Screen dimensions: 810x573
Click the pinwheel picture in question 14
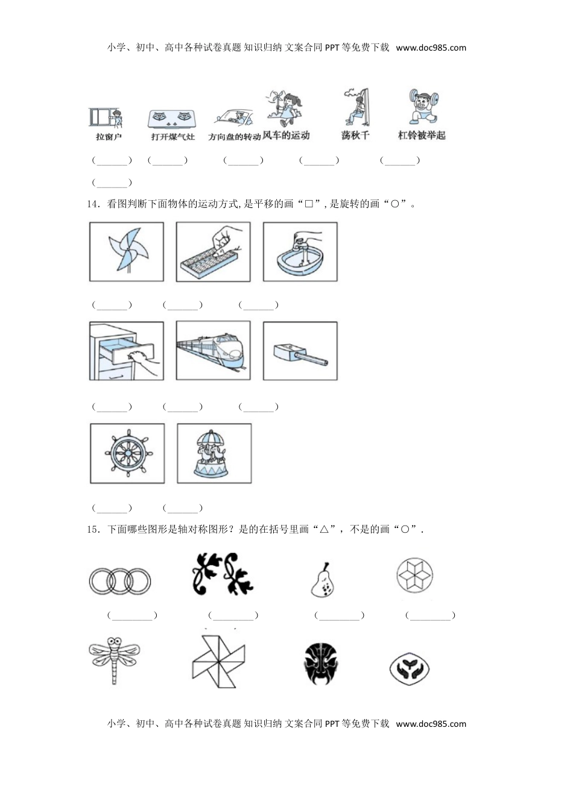[126, 251]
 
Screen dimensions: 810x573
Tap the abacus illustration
[213, 251]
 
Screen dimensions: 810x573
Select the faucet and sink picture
[300, 251]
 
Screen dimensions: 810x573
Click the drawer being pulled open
[126, 351]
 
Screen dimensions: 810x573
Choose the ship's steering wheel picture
[127, 453]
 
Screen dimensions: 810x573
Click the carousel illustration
[214, 453]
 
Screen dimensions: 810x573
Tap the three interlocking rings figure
[119, 581]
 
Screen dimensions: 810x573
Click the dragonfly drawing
[114, 659]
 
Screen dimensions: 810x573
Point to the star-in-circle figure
[415, 574]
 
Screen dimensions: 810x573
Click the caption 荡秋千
[355, 136]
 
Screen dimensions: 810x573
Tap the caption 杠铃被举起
[422, 136]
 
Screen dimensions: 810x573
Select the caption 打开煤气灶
[173, 137]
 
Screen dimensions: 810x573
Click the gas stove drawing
[173, 118]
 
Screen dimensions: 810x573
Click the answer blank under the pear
[339, 615]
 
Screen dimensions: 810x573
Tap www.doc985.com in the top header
[431, 48]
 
